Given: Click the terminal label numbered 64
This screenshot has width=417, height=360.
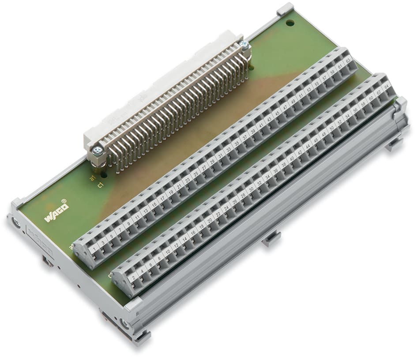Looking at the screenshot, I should click(387, 87).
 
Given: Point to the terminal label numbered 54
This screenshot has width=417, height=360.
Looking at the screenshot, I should click(347, 116).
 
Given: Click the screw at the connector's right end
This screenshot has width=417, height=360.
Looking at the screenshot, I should click(244, 44).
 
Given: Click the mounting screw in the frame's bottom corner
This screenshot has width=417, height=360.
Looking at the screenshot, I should click(125, 325).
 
